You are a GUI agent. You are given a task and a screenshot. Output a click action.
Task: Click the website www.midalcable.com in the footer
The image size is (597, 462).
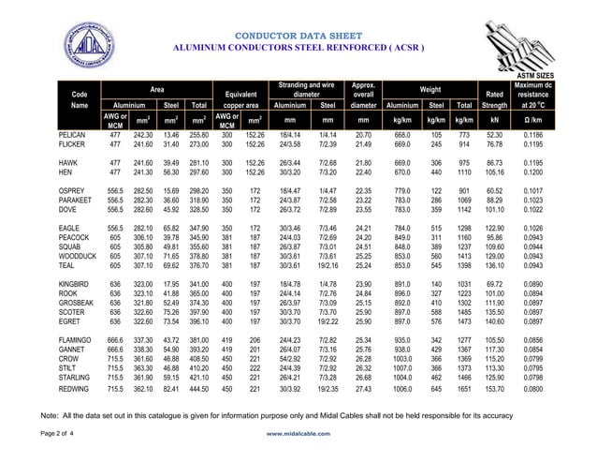tap(301, 435)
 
